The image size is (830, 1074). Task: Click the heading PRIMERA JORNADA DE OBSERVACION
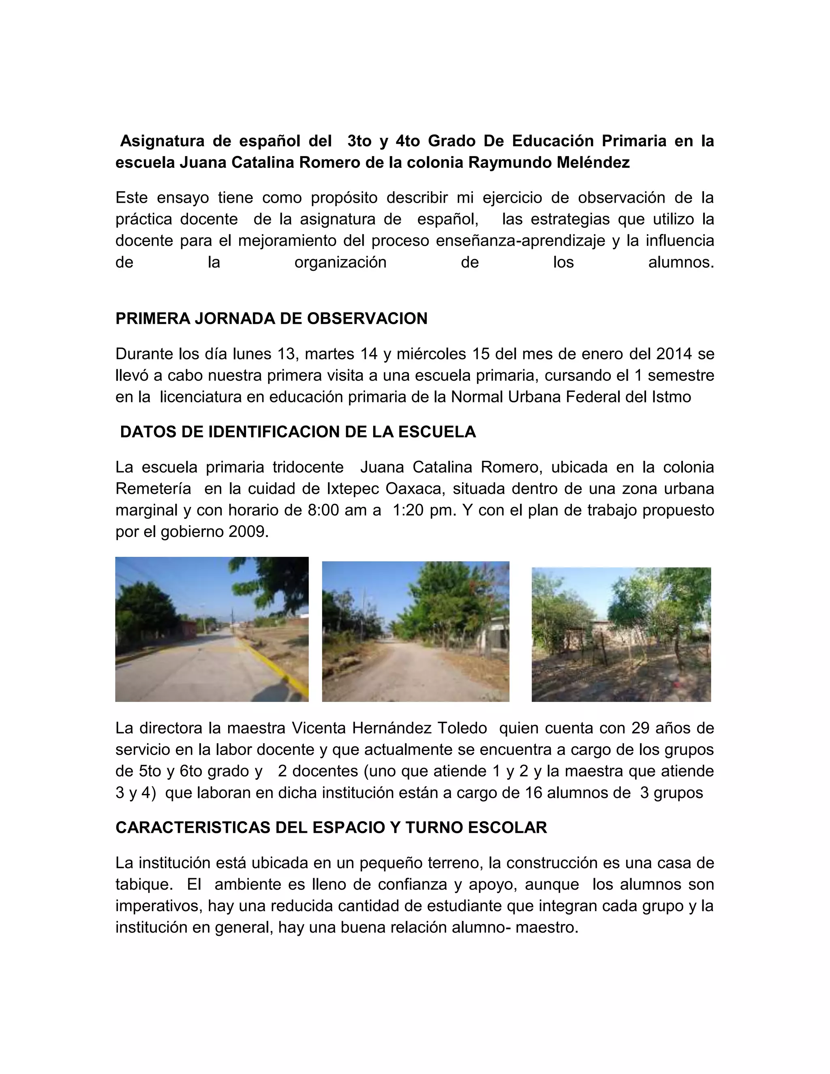coord(271,319)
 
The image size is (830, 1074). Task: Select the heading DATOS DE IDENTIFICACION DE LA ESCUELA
coord(297,432)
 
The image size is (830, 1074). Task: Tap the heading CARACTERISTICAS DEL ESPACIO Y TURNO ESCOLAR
coord(331,827)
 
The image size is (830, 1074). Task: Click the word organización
coord(340,262)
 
